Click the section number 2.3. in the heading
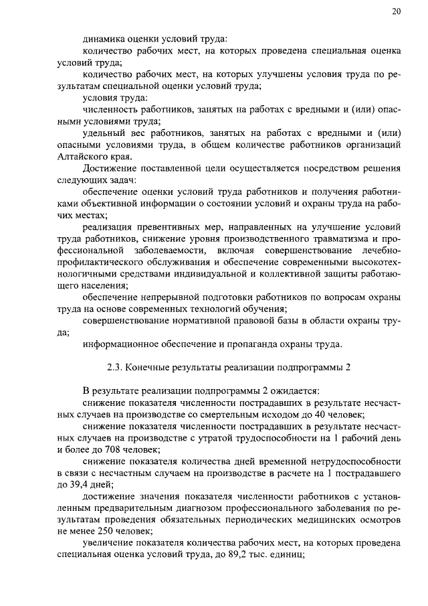(117, 368)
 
